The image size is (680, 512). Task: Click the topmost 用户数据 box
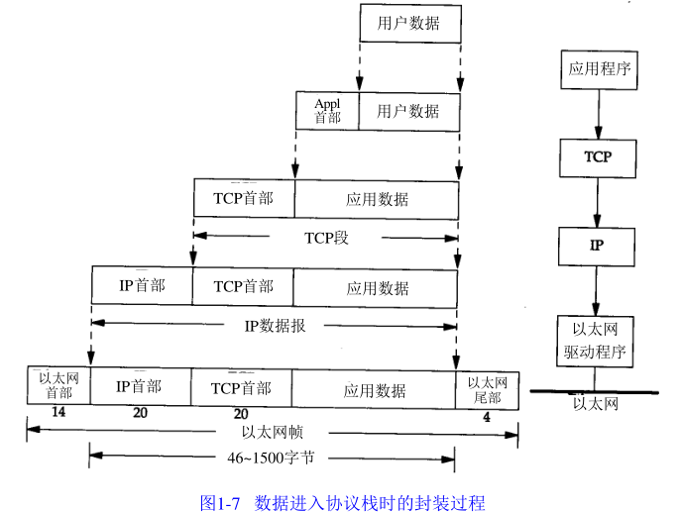pyautogui.click(x=408, y=23)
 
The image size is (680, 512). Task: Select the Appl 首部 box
pyautogui.click(x=327, y=111)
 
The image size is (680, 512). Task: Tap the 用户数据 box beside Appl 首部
pyautogui.click(x=408, y=111)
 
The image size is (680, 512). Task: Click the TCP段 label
pyautogui.click(x=326, y=238)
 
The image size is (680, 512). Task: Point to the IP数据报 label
pyautogui.click(x=274, y=324)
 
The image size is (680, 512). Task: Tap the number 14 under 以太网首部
pyautogui.click(x=58, y=413)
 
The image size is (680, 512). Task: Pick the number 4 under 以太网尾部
pyautogui.click(x=487, y=417)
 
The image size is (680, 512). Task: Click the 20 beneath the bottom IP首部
pyautogui.click(x=140, y=414)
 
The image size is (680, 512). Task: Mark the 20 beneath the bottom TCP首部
pyautogui.click(x=241, y=414)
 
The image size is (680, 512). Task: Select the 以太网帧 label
pyautogui.click(x=272, y=433)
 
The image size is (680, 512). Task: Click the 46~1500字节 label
pyautogui.click(x=272, y=459)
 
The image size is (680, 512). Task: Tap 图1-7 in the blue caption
pyautogui.click(x=222, y=502)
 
